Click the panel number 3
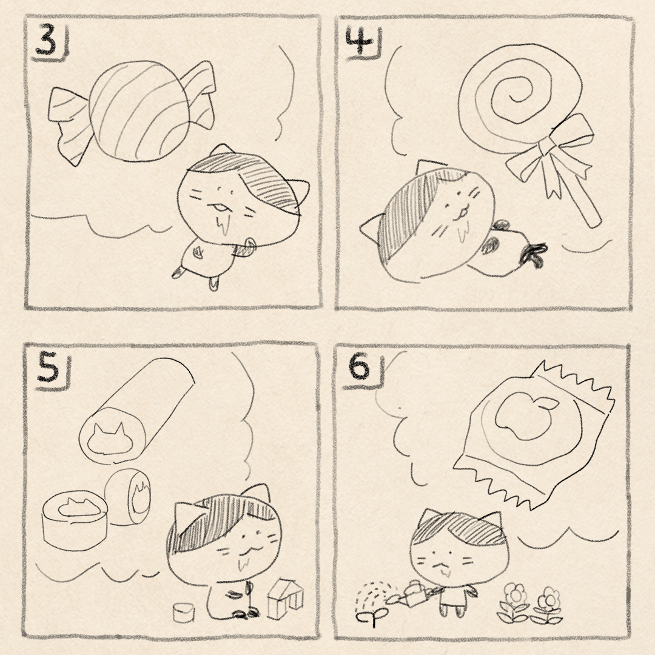click(46, 40)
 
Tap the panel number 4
click(360, 40)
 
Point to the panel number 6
click(359, 368)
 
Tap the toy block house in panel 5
click(285, 599)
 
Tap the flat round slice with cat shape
click(75, 521)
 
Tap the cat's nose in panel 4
click(460, 207)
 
